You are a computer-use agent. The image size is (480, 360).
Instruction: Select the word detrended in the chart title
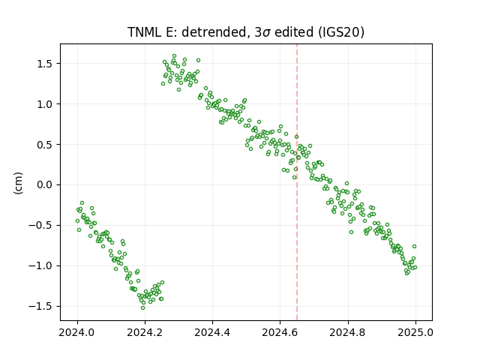(214, 32)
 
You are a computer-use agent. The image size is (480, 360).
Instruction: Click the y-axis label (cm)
(18, 183)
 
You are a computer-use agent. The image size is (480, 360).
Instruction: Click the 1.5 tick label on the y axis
(45, 64)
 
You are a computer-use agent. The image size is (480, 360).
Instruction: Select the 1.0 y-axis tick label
(45, 104)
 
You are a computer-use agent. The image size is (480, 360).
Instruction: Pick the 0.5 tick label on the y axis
(45, 145)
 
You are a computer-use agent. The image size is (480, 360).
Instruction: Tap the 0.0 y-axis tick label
(45, 185)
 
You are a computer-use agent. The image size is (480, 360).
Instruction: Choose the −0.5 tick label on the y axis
(40, 225)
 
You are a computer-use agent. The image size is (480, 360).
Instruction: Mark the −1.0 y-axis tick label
(40, 265)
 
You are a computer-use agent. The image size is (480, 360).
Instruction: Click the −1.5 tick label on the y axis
(40, 306)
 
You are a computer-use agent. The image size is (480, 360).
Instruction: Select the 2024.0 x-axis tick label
(77, 332)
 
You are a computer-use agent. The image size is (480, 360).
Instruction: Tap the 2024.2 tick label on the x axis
(145, 332)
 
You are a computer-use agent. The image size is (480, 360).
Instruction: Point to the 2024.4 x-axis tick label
(212, 332)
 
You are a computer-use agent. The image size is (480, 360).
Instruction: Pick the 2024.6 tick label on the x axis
(280, 332)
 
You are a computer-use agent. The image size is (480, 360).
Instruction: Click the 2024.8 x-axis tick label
(348, 332)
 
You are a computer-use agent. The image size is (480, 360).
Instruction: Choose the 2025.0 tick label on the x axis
(415, 332)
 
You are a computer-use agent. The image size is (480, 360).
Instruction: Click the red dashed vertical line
(297, 182)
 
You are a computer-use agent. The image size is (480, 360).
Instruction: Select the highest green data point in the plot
(174, 56)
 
